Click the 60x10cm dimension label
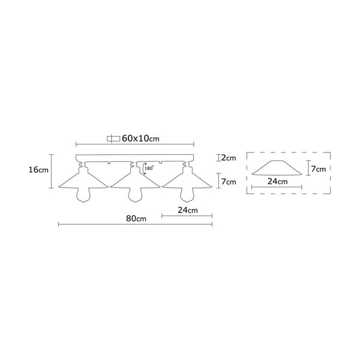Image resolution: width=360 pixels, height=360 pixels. click(140, 138)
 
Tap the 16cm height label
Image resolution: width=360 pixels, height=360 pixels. click(38, 170)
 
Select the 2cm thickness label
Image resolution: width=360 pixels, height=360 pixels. click(227, 158)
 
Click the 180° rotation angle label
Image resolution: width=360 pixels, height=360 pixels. click(149, 169)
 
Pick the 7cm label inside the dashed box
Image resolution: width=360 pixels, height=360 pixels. click(318, 169)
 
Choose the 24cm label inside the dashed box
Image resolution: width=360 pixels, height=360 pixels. click(277, 181)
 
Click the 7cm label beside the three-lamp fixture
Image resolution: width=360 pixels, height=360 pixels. click(228, 181)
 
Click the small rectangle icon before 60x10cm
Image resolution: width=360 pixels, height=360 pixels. click(113, 138)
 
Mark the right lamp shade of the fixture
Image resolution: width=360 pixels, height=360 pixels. click(187, 179)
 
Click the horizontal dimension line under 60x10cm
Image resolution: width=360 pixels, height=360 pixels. click(135, 145)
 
